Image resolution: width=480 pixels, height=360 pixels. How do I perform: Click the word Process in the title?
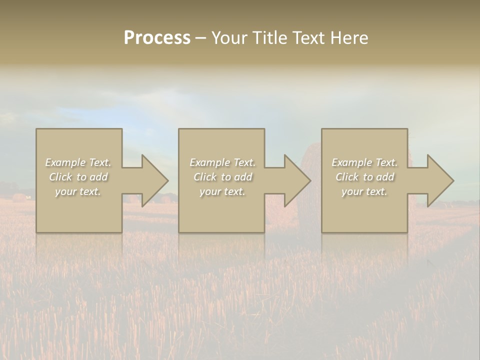pyautogui.click(x=157, y=38)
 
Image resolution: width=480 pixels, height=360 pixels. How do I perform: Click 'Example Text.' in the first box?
pyautogui.click(x=78, y=162)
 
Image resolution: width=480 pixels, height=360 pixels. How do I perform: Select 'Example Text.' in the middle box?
pyautogui.click(x=222, y=162)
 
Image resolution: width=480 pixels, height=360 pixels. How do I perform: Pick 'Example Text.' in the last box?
pyautogui.click(x=364, y=162)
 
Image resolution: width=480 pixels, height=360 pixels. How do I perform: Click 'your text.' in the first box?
pyautogui.click(x=78, y=191)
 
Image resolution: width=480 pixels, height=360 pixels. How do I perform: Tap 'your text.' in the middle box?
pyautogui.click(x=222, y=191)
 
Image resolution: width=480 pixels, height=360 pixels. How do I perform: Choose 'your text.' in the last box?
pyautogui.click(x=364, y=191)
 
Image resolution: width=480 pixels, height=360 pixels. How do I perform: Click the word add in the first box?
pyautogui.click(x=98, y=177)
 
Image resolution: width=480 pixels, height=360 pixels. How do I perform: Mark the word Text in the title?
pyautogui.click(x=308, y=38)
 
